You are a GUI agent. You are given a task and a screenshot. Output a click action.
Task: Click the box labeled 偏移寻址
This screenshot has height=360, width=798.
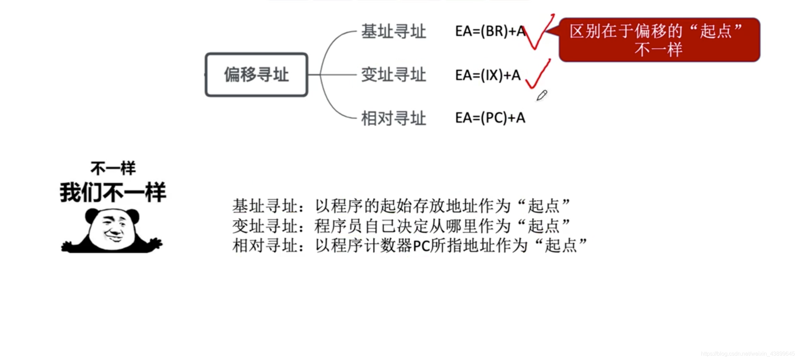(256, 75)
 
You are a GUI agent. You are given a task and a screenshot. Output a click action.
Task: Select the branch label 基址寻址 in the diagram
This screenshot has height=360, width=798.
(393, 31)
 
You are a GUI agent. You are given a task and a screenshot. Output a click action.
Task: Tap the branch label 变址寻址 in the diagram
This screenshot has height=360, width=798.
(393, 75)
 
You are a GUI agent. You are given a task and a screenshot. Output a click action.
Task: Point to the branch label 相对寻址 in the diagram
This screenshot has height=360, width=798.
(393, 118)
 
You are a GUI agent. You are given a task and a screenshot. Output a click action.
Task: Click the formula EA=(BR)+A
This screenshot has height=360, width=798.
(490, 31)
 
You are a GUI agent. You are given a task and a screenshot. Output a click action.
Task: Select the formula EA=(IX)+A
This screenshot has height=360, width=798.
(488, 75)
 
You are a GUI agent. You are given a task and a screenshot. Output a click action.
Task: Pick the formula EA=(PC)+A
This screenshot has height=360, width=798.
(490, 118)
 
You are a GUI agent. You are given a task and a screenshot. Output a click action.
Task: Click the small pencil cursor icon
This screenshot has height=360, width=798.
(541, 95)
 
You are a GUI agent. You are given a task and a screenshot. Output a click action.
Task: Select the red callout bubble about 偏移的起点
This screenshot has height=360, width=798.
(659, 40)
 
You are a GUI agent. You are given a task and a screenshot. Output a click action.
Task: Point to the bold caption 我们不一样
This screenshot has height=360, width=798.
(113, 192)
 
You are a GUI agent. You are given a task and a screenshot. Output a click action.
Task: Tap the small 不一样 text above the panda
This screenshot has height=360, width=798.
(113, 168)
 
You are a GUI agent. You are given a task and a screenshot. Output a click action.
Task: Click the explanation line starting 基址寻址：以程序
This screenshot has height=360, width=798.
(401, 206)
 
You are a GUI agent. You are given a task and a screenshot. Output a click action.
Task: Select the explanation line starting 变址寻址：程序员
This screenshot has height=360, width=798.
(401, 226)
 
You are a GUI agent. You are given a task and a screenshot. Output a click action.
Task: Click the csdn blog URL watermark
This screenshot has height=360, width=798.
(748, 354)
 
